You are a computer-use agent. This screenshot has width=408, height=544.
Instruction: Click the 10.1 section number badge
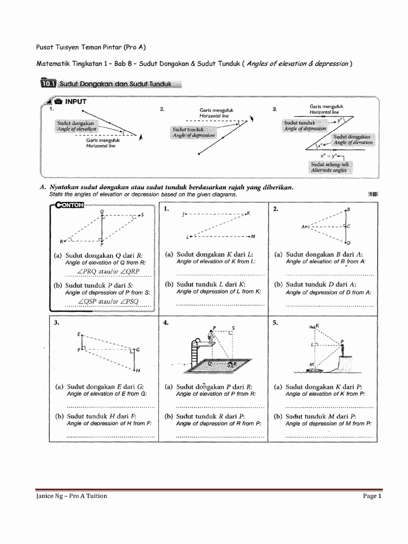pyautogui.click(x=48, y=83)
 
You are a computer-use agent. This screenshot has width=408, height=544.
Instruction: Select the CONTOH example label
pyautogui.click(x=70, y=207)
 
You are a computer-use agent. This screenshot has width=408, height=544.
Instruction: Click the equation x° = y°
pyautogui.click(x=329, y=156)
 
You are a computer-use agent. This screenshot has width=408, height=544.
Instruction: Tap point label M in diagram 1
pyautogui.click(x=253, y=236)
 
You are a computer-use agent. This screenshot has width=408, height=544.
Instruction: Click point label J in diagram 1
pyautogui.click(x=182, y=215)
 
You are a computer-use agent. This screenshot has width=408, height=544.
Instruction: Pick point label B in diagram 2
pyautogui.click(x=348, y=209)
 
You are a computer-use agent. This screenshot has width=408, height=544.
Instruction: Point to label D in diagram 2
pyautogui.click(x=348, y=243)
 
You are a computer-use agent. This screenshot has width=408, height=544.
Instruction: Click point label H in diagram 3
pyautogui.click(x=138, y=370)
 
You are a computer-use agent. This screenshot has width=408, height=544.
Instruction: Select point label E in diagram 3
pyautogui.click(x=78, y=334)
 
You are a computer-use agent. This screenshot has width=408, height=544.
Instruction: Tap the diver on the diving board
pyautogui.click(x=212, y=337)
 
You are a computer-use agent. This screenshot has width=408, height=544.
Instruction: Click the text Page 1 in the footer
pyautogui.click(x=372, y=496)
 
